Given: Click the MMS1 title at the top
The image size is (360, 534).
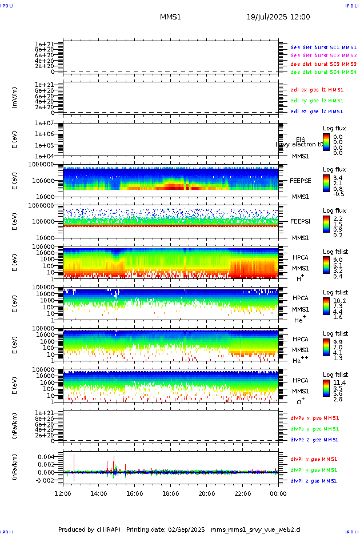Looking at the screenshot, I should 171,17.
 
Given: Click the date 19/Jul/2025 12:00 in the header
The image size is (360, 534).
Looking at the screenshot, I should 278,17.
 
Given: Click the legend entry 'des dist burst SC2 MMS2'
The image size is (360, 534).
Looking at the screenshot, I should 323,55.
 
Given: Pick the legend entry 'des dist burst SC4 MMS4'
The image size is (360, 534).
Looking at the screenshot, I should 323,72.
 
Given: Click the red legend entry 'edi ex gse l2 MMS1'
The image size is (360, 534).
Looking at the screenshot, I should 317,90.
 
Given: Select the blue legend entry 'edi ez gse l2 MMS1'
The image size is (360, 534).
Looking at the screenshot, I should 317,111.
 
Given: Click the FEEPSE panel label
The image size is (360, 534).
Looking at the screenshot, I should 301,181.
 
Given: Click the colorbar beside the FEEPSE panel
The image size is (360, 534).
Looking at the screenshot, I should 326,182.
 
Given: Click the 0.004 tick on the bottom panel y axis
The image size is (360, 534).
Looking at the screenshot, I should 46,457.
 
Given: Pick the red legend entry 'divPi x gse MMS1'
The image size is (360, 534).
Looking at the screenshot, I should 314,459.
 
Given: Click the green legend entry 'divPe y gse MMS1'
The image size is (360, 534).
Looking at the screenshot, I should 314,429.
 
